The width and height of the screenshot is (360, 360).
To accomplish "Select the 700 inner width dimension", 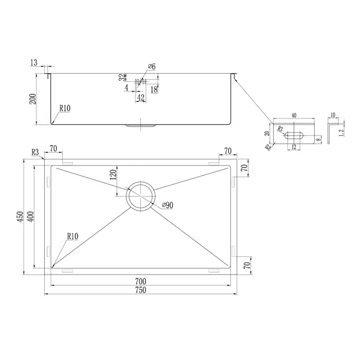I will (x=141, y=281).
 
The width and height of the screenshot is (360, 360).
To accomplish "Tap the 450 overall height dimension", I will (x=20, y=217).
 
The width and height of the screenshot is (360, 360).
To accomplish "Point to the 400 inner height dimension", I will (x=31, y=217).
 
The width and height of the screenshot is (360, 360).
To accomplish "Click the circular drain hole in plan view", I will (x=140, y=195).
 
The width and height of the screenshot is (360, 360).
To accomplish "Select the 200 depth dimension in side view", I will (x=33, y=99).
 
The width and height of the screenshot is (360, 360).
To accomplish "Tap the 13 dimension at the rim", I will (x=34, y=63).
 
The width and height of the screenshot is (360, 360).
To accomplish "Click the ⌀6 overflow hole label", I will (x=151, y=66).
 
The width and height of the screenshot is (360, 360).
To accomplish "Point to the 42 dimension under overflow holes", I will (x=141, y=97).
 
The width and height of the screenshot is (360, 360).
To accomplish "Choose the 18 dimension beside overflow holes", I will (x=154, y=89).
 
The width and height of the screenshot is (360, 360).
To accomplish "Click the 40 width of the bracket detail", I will (x=294, y=115).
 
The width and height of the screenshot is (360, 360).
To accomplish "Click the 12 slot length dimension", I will (x=294, y=148).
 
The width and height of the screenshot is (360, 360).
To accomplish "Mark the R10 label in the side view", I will (x=65, y=108).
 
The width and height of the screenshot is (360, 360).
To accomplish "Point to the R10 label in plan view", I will (x=73, y=236).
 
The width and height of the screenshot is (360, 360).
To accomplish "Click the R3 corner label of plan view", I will (x=36, y=153).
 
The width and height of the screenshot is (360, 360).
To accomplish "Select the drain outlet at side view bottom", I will (x=140, y=126).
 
